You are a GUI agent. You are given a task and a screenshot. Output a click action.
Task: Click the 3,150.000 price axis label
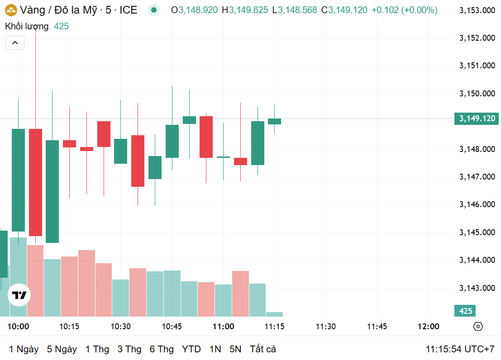point(477,94)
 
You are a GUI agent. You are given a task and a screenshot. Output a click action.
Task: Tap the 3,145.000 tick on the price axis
point(477,232)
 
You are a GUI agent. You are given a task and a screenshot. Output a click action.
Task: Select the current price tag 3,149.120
point(477,118)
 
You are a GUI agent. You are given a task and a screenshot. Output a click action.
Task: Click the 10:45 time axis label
point(172,327)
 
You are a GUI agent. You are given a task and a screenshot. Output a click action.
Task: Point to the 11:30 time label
point(326,327)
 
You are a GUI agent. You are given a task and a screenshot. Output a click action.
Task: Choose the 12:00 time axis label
point(428,327)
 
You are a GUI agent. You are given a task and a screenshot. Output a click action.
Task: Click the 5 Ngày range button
point(62,349)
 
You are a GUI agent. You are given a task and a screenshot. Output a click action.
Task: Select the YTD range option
point(191,349)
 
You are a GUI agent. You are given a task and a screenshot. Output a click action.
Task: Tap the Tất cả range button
point(263,349)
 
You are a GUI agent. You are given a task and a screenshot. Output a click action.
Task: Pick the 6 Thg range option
point(162,349)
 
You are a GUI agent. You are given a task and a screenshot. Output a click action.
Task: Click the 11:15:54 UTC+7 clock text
point(460,349)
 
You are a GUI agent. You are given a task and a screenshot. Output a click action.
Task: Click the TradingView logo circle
point(19,295)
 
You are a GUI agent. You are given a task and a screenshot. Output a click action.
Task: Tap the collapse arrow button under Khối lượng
point(15,43)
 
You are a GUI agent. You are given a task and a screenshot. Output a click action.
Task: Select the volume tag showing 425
point(465,311)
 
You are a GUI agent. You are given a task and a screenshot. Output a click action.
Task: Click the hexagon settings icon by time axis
point(478,327)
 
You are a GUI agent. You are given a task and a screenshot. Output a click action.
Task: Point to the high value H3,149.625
point(245,10)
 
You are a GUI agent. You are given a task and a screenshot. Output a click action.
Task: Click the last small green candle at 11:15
point(274,121)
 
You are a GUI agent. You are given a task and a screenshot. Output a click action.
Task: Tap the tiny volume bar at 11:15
point(274,314)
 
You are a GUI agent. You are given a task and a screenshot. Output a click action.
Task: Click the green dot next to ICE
point(154,10)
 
